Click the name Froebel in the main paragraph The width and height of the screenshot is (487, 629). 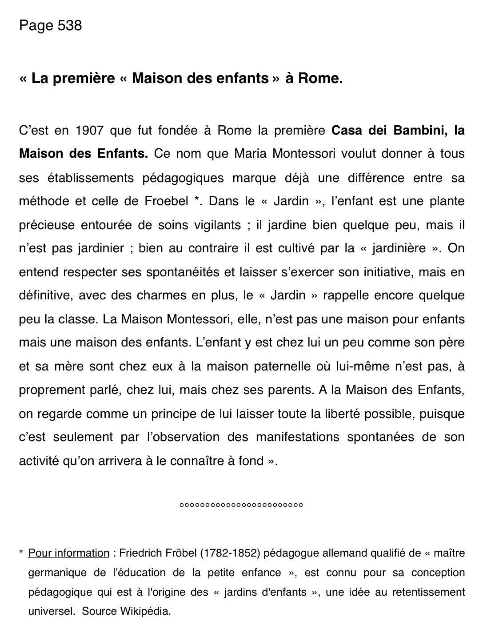(167, 201)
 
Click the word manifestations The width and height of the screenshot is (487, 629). (297, 437)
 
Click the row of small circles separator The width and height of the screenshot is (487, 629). (241, 505)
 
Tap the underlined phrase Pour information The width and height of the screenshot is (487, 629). (69, 553)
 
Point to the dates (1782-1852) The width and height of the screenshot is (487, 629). (230, 553)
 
